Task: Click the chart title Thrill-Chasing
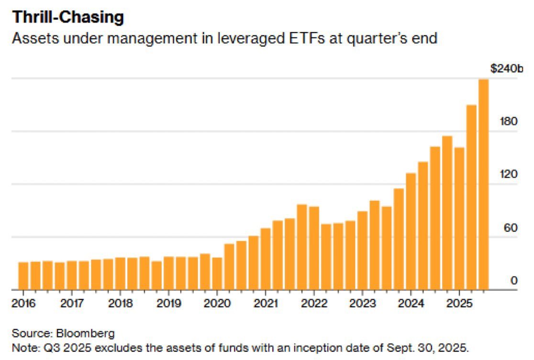pos(68,17)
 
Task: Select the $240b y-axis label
pos(506,69)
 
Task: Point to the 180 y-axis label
pos(509,121)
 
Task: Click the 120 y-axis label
pos(509,175)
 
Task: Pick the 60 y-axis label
pos(511,228)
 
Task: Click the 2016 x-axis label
pos(23,303)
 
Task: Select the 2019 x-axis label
pos(168,303)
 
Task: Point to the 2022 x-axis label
pos(314,303)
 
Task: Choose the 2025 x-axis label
pos(459,303)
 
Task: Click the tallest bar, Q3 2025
pos(484,185)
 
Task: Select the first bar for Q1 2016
pos(23,276)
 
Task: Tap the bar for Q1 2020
pos(217,273)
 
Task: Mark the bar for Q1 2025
pos(459,218)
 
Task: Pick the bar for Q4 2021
pos(302,247)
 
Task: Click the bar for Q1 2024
pos(411,231)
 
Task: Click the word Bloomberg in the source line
pos(85,333)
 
